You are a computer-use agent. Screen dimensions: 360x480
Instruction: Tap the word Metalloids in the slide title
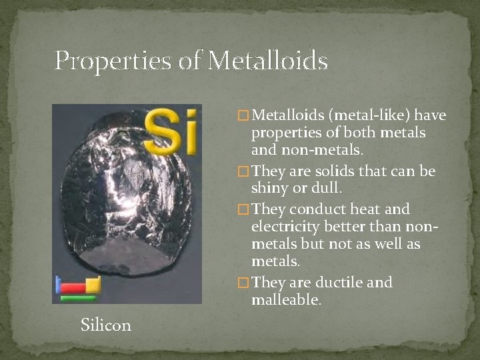[x=268, y=61]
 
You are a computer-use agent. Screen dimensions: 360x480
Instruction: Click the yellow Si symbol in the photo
[x=172, y=131]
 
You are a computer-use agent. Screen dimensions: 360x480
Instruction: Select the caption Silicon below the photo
[x=105, y=325]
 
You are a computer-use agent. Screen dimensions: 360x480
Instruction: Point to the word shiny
[x=271, y=190]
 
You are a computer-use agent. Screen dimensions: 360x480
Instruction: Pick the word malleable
[x=287, y=301]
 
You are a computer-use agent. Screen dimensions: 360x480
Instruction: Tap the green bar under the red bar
[x=77, y=298]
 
